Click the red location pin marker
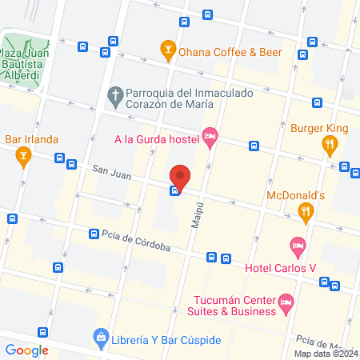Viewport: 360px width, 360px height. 181,177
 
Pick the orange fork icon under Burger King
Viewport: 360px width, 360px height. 329,144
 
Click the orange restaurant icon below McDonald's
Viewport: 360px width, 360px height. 305,211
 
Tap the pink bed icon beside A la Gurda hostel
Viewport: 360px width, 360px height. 210,139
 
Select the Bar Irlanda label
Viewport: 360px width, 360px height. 32,139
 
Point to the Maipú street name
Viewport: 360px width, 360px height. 196,214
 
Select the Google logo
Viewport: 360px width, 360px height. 26,350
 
